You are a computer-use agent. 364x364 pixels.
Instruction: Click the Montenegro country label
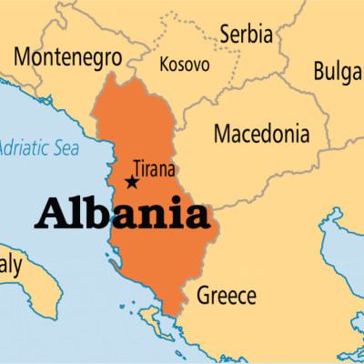tap(67, 57)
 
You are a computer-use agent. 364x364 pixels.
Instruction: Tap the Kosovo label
tap(184, 65)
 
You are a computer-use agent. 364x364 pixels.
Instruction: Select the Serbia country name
tap(245, 35)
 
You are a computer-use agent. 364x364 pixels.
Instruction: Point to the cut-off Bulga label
tap(338, 72)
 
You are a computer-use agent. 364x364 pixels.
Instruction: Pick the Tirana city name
tap(154, 168)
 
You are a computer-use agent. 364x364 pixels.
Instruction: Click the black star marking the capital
tap(133, 182)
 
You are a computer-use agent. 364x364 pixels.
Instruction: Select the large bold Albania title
tap(123, 216)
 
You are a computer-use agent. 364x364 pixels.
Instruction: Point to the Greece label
tap(227, 296)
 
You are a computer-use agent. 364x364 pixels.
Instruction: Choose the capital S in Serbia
tap(226, 35)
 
